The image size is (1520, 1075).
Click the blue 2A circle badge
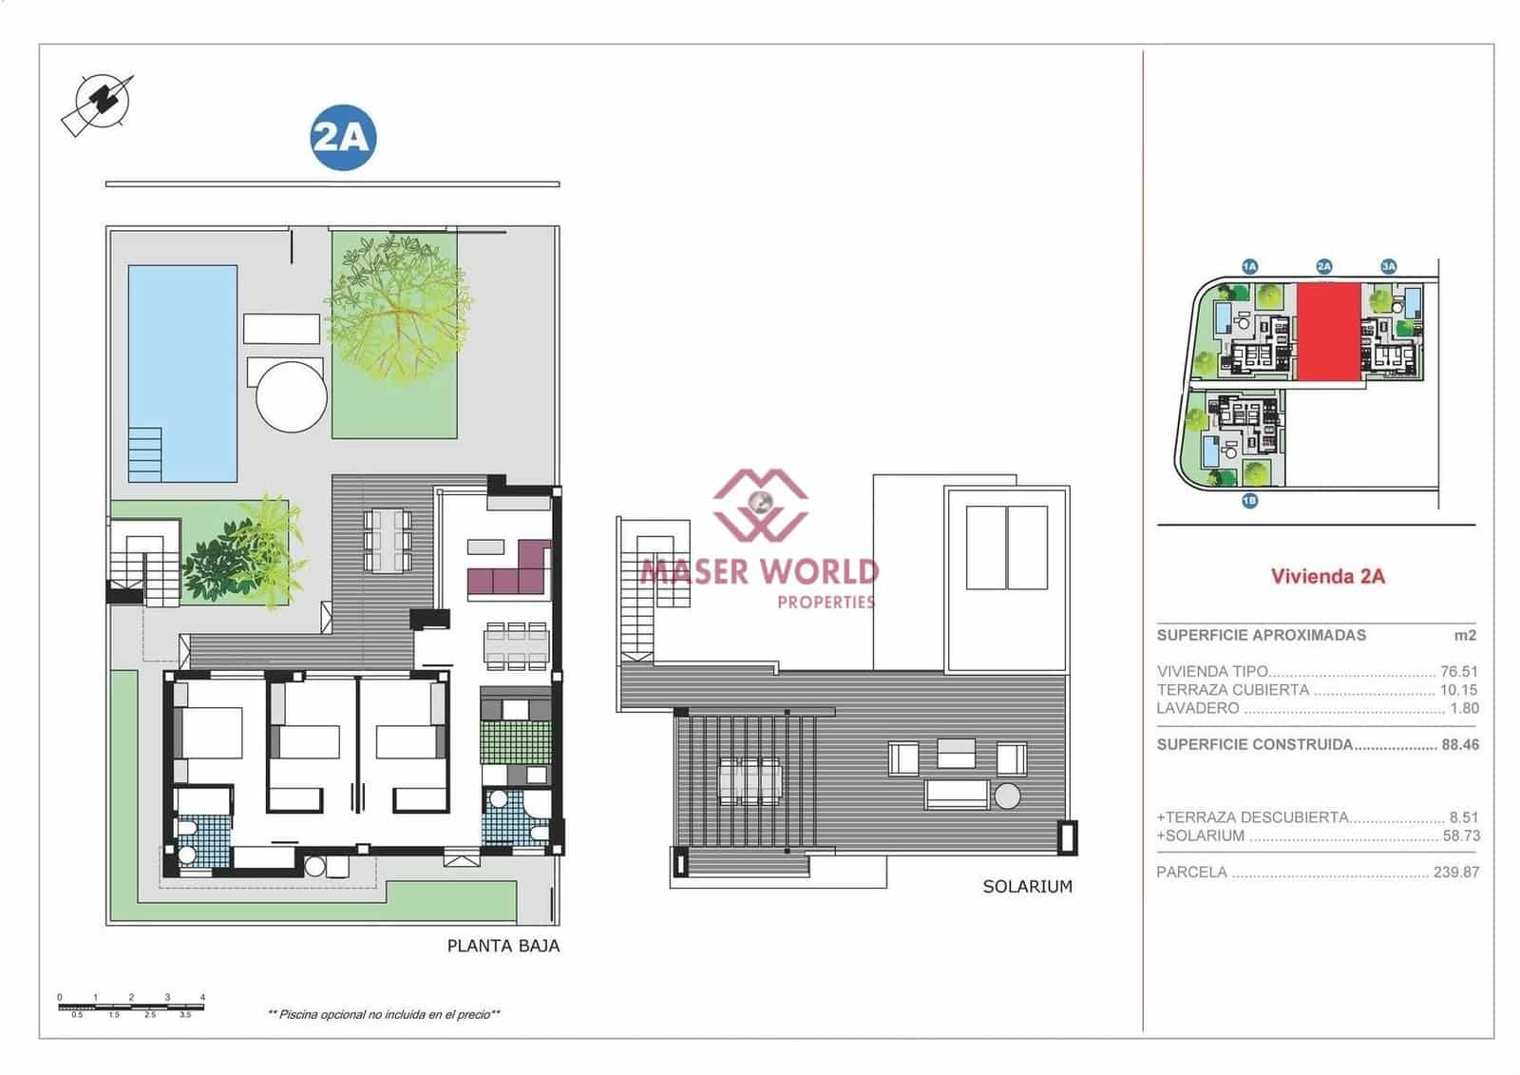[x=343, y=138]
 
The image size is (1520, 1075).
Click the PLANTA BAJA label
[x=503, y=946]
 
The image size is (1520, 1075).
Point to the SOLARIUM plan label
[x=1027, y=887]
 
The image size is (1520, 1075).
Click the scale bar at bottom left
[x=131, y=1006]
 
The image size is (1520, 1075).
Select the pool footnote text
[x=384, y=1015]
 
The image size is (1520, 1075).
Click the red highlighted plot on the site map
[x=1329, y=331]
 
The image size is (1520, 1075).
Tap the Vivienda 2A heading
[x=1327, y=576]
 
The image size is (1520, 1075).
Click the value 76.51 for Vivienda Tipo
[x=1459, y=672]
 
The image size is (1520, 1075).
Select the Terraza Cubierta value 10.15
[x=1459, y=690]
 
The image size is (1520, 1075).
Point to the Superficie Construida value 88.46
[x=1460, y=745]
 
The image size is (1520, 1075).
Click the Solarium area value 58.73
[x=1459, y=835]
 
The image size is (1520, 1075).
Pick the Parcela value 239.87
[x=1455, y=872]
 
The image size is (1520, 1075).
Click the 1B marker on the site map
[x=1249, y=501]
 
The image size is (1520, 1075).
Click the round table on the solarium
[x=1007, y=796]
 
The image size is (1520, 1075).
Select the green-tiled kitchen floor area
[x=516, y=742]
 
